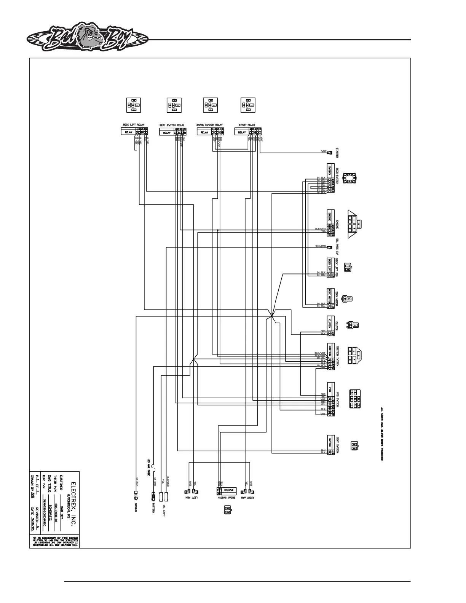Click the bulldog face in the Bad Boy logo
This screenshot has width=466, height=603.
pyautogui.click(x=90, y=38)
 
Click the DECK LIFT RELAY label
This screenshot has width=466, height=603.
pyautogui.click(x=133, y=125)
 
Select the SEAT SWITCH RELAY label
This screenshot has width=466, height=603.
pyautogui.click(x=172, y=125)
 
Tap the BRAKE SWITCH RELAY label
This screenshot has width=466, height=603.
pyautogui.click(x=209, y=125)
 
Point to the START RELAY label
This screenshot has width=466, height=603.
pyautogui.click(x=247, y=125)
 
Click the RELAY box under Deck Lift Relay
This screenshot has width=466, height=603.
pyautogui.click(x=128, y=132)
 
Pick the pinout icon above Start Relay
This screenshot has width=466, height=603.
pyautogui.click(x=248, y=105)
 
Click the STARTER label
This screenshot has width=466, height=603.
pyautogui.click(x=337, y=152)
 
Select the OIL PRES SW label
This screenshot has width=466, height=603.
pyautogui.click(x=337, y=247)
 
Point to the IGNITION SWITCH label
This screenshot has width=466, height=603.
pyautogui.click(x=337, y=357)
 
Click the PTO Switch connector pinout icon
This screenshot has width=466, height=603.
pyautogui.click(x=354, y=399)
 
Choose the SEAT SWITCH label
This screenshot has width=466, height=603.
pyautogui.click(x=337, y=444)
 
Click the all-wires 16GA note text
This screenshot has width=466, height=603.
pyautogui.click(x=381, y=434)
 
